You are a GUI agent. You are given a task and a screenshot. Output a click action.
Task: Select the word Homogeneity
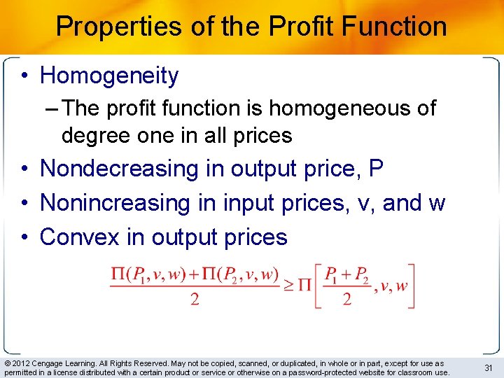pyautogui.click(x=109, y=75)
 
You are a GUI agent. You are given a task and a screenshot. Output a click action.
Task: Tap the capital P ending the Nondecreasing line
pyautogui.click(x=376, y=169)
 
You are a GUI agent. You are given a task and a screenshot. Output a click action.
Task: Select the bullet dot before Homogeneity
pyautogui.click(x=24, y=76)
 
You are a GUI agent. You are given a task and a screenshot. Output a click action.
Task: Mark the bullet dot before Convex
pyautogui.click(x=24, y=238)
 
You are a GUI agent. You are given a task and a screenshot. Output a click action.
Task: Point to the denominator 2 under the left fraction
pyautogui.click(x=195, y=299)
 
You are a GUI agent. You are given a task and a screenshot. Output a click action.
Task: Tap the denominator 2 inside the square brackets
pyautogui.click(x=346, y=299)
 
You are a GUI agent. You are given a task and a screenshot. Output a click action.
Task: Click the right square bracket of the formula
pyautogui.click(x=412, y=285)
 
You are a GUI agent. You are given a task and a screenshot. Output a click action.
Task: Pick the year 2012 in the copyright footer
pyautogui.click(x=20, y=363)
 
